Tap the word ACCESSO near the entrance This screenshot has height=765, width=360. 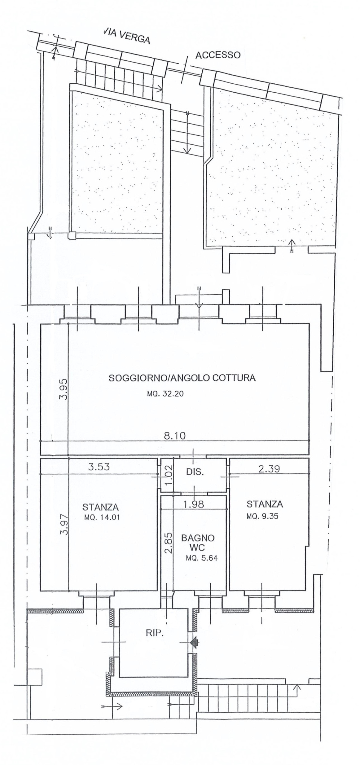pyautogui.click(x=218, y=55)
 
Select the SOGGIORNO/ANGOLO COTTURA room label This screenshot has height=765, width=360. pyautogui.click(x=182, y=378)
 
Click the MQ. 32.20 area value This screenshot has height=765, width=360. pyautogui.click(x=165, y=394)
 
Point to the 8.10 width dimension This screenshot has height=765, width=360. pyautogui.click(x=174, y=436)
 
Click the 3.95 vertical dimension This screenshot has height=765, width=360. pyautogui.click(x=64, y=389)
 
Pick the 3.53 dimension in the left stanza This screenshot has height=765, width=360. pyautogui.click(x=99, y=466)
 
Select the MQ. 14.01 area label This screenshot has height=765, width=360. pyautogui.click(x=102, y=517)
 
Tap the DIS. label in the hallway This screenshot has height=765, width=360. pyautogui.click(x=195, y=472)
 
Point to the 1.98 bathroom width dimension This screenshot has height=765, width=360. pyautogui.click(x=194, y=504)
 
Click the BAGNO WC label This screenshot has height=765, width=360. pyautogui.click(x=198, y=542)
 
